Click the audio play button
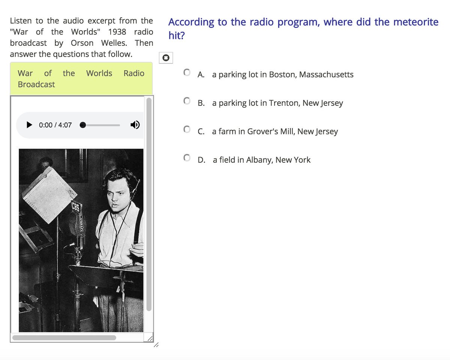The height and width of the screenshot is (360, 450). click(x=29, y=125)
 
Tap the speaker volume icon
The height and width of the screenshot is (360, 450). click(x=135, y=125)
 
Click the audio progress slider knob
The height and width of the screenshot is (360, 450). click(x=83, y=125)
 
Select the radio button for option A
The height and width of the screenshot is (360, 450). click(x=187, y=72)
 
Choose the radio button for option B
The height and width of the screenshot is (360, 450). click(x=187, y=101)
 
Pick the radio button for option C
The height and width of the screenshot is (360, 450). click(x=187, y=130)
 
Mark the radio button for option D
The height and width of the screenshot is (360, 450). click(x=187, y=158)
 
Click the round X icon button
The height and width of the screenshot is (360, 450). click(x=166, y=58)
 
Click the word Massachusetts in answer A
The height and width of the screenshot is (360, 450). click(x=326, y=74)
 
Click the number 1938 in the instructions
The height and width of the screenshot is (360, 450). click(x=117, y=32)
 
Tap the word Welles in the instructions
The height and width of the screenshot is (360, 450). click(x=114, y=43)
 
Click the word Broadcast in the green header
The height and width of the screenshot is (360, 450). click(x=36, y=84)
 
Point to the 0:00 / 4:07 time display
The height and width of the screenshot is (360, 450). click(x=55, y=125)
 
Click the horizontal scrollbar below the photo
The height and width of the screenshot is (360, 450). click(x=64, y=337)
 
